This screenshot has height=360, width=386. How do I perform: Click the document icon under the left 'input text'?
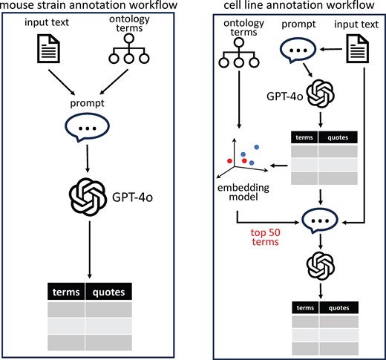48,49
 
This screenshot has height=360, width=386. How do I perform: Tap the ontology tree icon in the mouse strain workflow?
129,49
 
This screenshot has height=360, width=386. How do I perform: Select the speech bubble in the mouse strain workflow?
87,127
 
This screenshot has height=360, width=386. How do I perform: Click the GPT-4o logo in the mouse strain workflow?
88,197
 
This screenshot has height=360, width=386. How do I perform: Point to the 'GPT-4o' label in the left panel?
132,197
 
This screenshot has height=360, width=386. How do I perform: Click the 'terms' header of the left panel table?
66,292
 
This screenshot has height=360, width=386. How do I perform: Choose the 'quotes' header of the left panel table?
108,292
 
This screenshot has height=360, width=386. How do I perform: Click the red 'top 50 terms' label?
266,237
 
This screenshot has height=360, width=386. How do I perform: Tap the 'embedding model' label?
243,192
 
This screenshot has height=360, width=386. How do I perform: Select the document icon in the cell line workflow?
357,49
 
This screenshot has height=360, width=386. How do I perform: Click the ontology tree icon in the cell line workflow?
239,53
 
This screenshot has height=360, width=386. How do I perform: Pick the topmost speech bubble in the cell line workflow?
298,50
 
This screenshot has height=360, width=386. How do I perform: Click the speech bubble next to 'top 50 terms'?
320,220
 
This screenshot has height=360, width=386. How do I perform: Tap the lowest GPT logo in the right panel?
321,266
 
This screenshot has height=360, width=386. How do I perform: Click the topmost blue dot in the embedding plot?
257,147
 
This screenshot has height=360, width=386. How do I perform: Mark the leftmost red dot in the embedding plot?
229,161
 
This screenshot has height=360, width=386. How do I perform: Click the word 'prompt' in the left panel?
87,103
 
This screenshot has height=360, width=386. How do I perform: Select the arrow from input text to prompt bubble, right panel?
331,50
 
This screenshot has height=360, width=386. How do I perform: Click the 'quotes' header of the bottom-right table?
338,308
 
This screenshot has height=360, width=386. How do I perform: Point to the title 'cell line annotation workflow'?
299,5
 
